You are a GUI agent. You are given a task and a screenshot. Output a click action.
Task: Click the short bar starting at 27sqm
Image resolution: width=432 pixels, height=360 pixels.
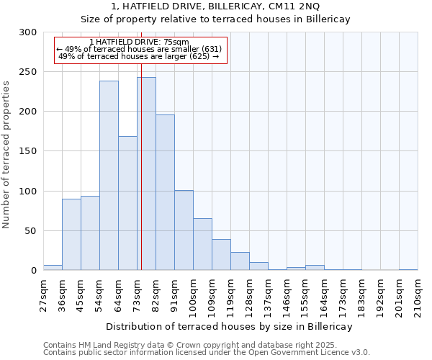pyautogui.click(x=53, y=268)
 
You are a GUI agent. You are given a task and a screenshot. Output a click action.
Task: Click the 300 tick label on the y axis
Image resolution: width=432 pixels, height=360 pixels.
pyautogui.click(x=28, y=32)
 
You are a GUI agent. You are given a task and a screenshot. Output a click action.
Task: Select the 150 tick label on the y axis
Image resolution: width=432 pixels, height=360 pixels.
pyautogui.click(x=28, y=151)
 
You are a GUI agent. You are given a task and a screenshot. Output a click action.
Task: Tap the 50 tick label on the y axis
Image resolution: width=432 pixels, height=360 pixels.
pyautogui.click(x=31, y=231)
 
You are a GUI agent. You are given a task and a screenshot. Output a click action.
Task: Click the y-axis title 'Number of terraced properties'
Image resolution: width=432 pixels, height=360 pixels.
pyautogui.click(x=6, y=154)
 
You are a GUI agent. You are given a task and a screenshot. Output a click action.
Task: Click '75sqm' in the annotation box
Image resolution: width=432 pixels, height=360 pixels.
pyautogui.click(x=175, y=42)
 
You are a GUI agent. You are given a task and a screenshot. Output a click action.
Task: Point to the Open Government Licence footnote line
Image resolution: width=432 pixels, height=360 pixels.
pyautogui.click(x=207, y=353)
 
